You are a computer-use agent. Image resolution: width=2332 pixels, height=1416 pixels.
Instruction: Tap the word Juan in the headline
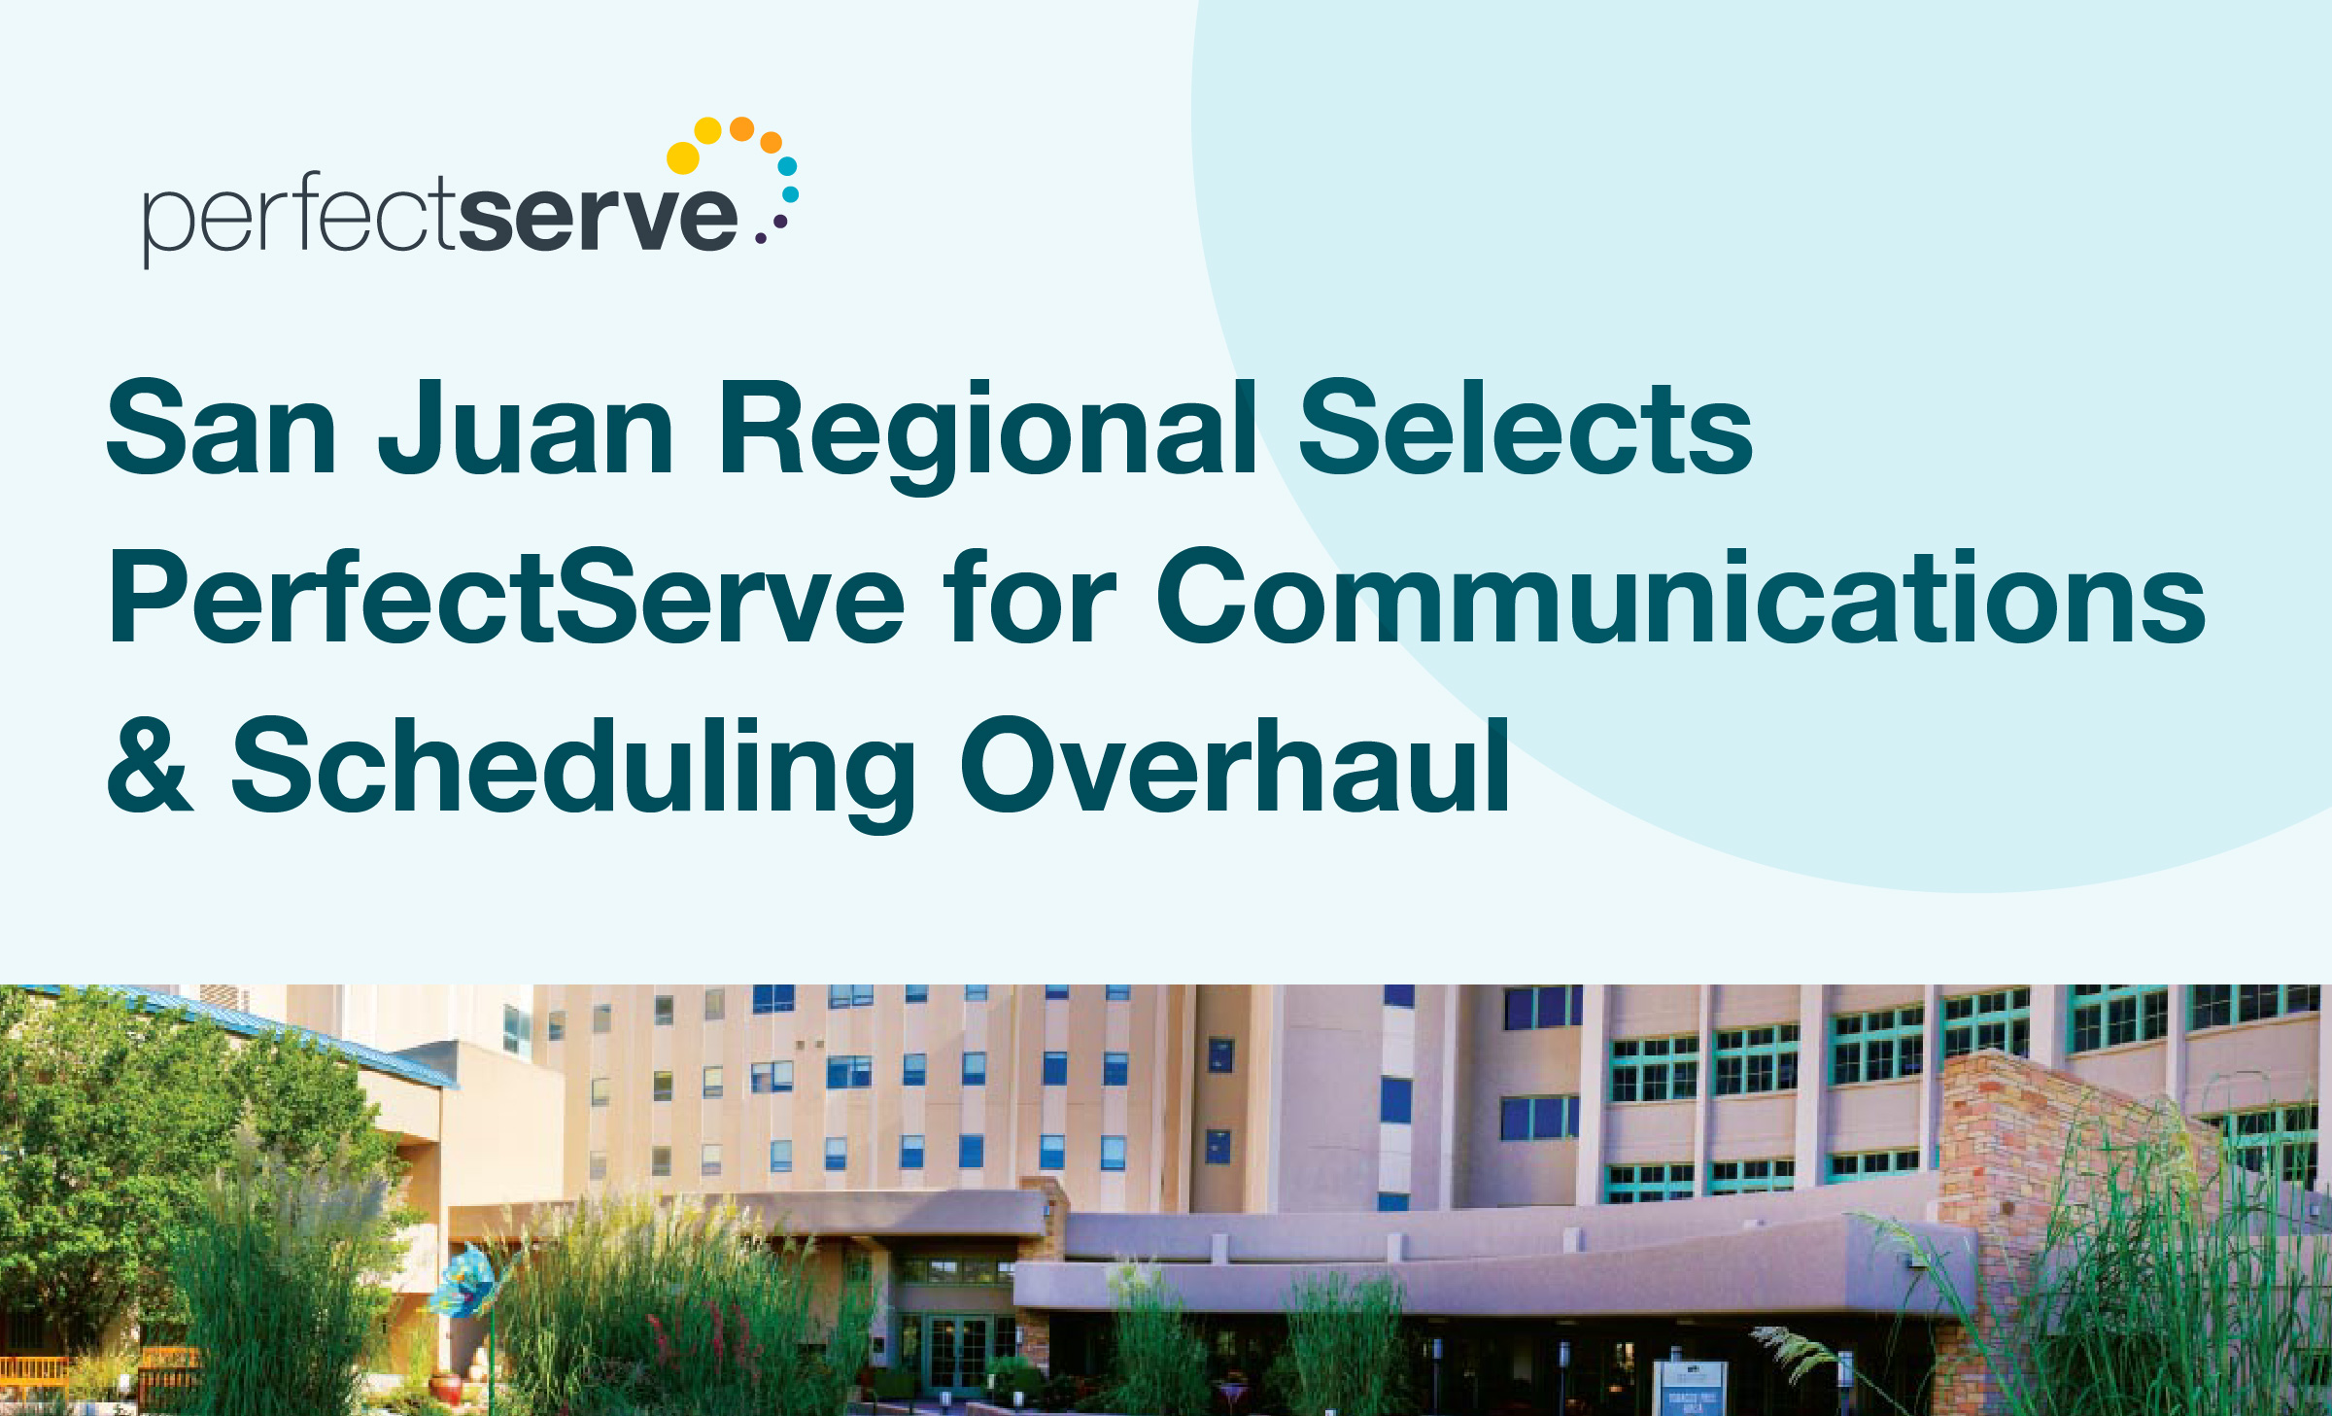(x=526, y=429)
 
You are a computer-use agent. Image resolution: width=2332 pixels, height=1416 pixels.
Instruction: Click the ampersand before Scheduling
(x=150, y=763)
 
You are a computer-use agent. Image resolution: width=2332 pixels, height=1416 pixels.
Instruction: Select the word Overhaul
(x=1235, y=763)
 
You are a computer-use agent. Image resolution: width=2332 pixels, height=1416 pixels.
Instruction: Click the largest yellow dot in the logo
(x=683, y=157)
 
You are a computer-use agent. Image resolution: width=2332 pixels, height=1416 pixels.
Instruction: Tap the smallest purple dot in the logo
(x=761, y=237)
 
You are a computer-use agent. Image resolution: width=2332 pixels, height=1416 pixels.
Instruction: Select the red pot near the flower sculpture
(x=446, y=1387)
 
